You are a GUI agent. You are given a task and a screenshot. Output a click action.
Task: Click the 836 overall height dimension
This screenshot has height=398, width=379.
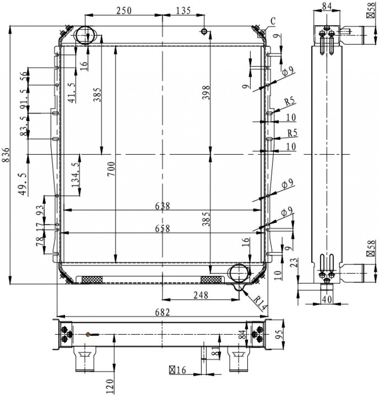(x=6, y=154)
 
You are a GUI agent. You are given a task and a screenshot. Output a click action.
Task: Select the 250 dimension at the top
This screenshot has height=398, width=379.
(x=124, y=11)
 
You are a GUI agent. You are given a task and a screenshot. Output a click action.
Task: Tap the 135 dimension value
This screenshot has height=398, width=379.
(x=183, y=11)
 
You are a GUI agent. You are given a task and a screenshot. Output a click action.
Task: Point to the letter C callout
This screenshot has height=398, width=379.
(x=273, y=21)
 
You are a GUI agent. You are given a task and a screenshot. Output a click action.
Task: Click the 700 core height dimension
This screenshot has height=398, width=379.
(x=111, y=169)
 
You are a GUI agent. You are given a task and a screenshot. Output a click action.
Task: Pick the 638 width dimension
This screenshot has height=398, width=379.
(x=163, y=206)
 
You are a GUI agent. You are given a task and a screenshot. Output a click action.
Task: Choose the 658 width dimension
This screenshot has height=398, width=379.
(x=163, y=228)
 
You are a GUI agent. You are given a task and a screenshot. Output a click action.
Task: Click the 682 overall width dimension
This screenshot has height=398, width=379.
(x=163, y=312)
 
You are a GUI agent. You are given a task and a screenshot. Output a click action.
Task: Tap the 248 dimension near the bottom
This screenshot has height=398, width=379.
(x=201, y=295)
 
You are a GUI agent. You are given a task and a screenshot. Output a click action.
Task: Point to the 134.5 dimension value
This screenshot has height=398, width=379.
(x=75, y=175)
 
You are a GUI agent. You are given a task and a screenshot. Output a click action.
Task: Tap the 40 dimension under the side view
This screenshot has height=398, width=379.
(x=327, y=300)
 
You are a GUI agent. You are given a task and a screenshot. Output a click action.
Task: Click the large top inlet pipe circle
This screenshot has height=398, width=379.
(x=86, y=35)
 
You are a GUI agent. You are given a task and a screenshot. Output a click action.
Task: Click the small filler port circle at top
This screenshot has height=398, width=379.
(x=204, y=31)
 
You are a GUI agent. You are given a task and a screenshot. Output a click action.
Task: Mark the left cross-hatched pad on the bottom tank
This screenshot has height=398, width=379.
(x=92, y=280)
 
